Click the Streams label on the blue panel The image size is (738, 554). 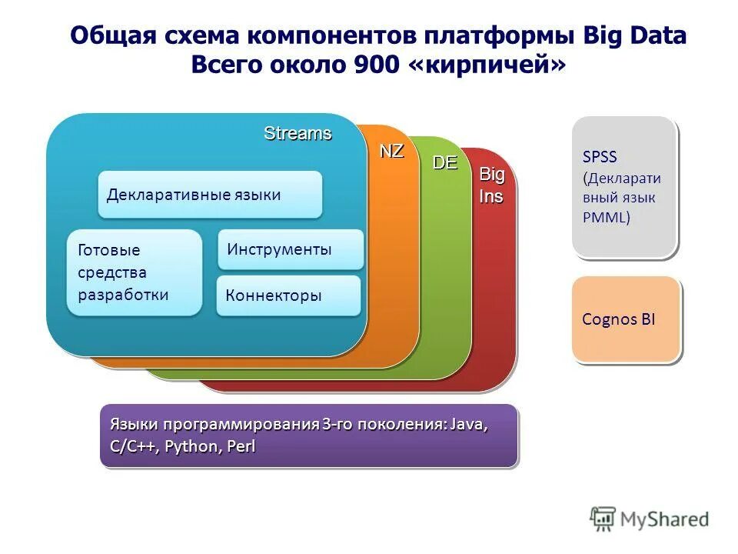coord(298,133)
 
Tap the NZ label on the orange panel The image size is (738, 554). coord(391,151)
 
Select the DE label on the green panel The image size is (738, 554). coord(444,162)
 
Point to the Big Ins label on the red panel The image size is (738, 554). coord(492,185)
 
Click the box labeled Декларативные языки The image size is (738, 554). coord(209,195)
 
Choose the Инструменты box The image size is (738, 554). coord(291,249)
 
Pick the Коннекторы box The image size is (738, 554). coord(288,295)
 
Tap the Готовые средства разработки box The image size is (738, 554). coord(134,272)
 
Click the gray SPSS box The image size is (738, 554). coord(623,186)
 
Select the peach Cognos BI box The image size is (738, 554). coord(626,320)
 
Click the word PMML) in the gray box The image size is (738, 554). coord(606,217)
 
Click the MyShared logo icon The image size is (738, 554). coord(603,519)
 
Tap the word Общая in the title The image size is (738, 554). coord(114,36)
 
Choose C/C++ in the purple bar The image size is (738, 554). coord(134,446)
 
